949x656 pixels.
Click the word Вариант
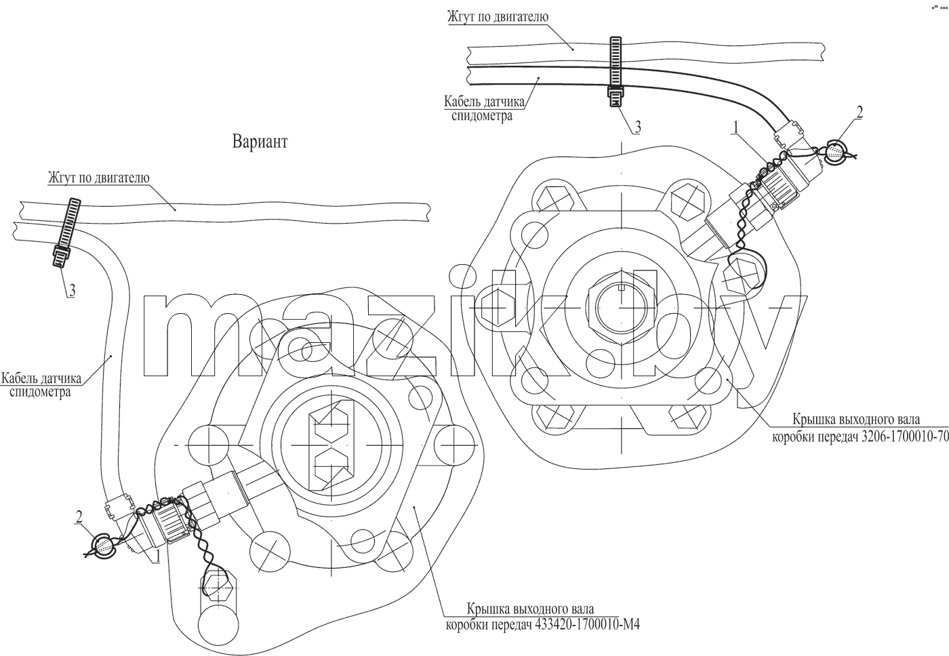[260, 142]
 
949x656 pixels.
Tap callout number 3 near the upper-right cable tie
[637, 127]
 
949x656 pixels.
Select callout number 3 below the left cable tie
[73, 291]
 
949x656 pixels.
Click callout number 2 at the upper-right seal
[860, 112]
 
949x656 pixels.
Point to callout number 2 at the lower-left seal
[79, 516]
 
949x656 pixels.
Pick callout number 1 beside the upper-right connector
[736, 127]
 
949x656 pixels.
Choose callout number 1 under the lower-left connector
[157, 556]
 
